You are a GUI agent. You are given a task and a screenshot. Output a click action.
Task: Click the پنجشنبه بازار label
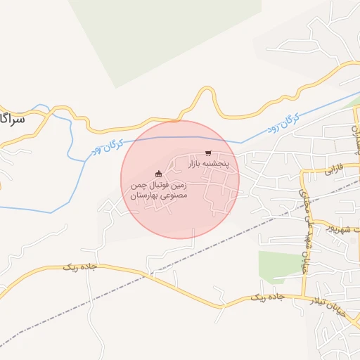coord(207,163)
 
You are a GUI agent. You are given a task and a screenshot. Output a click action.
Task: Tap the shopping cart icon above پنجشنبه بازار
coord(207,153)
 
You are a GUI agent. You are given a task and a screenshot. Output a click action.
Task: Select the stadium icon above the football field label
coord(158,174)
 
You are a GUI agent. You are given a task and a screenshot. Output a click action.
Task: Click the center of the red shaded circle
coord(180,179)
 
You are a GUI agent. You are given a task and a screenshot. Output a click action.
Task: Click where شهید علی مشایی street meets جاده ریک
coord(304,299)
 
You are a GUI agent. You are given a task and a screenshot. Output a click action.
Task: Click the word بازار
coord(197,163)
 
